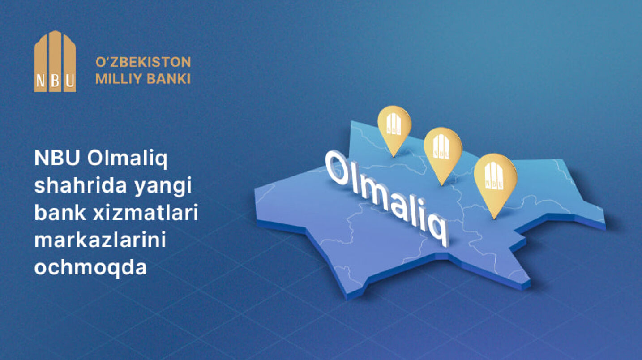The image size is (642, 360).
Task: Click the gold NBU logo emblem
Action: (x=55, y=61)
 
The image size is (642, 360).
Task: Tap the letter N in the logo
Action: (x=41, y=81)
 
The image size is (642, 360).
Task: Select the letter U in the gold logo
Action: (x=70, y=81)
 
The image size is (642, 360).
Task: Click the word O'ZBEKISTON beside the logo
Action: (x=143, y=62)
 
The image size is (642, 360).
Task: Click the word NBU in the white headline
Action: (x=57, y=158)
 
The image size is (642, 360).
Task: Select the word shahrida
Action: (x=81, y=185)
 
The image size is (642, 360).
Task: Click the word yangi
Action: (x=163, y=187)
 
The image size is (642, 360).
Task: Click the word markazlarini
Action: (x=100, y=240)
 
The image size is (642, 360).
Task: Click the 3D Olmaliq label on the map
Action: (x=387, y=198)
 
